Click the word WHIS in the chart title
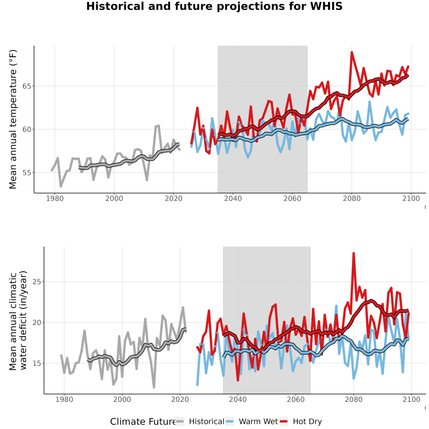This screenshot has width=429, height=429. [x=326, y=6]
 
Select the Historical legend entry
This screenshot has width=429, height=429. [x=200, y=421]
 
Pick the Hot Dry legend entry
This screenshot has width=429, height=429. [x=301, y=421]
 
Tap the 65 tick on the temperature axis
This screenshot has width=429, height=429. [x=27, y=86]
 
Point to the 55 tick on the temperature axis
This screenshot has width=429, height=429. [x=27, y=173]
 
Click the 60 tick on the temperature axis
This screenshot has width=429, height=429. [x=27, y=129]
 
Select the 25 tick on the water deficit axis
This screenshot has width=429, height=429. [x=37, y=282]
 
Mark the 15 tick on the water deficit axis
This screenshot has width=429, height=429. [x=37, y=363]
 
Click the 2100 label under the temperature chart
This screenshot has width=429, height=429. [x=411, y=198]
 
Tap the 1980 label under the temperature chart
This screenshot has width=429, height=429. [x=55, y=198]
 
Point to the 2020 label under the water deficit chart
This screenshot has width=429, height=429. [x=180, y=399]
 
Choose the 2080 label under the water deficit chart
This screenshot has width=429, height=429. [x=354, y=399]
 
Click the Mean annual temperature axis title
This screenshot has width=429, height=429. [x=13, y=119]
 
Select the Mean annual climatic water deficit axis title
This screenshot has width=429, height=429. [x=18, y=320]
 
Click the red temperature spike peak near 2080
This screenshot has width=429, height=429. [x=352, y=52]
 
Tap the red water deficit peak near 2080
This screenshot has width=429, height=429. [x=354, y=254]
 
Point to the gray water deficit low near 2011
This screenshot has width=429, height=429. [x=154, y=387]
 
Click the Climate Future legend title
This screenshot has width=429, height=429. [x=143, y=422]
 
